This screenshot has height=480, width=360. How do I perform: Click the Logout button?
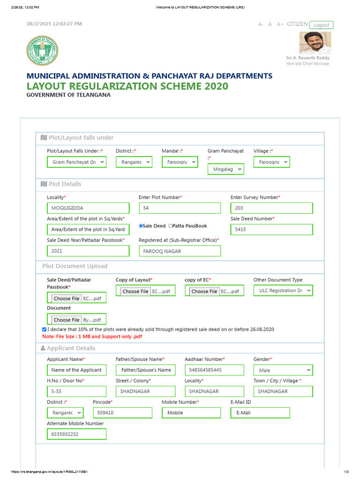pyautogui.click(x=321, y=25)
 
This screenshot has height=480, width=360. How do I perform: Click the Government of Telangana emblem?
pyautogui.click(x=43, y=51)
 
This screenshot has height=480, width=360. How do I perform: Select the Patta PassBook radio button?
pyautogui.click(x=171, y=226)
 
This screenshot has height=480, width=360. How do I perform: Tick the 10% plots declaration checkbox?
pyautogui.click(x=45, y=330)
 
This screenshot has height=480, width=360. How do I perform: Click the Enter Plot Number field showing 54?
pyautogui.click(x=180, y=208)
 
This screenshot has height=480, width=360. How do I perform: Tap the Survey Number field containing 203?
pyautogui.click(x=271, y=208)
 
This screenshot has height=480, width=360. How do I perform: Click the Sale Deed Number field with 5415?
pyautogui.click(x=271, y=230)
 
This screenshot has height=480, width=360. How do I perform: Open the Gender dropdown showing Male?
pyautogui.click(x=283, y=370)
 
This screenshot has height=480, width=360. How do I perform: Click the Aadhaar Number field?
pyautogui.click(x=214, y=370)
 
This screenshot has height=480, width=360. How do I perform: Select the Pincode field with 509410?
pyautogui.click(x=122, y=413)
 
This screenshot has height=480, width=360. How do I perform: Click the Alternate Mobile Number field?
pyautogui.click(x=76, y=434)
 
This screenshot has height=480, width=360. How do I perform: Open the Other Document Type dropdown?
pyautogui.click(x=283, y=291)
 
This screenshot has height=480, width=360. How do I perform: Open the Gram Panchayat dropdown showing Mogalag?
pyautogui.click(x=225, y=169)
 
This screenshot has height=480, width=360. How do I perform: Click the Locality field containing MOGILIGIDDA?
pyautogui.click(x=88, y=208)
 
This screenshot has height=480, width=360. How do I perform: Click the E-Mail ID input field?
pyautogui.click(x=260, y=413)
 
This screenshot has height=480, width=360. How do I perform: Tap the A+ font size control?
pyautogui.click(x=280, y=24)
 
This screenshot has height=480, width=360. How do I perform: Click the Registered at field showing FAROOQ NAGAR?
pyautogui.click(x=180, y=251)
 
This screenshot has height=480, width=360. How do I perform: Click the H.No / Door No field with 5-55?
pyautogui.click(x=76, y=391)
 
